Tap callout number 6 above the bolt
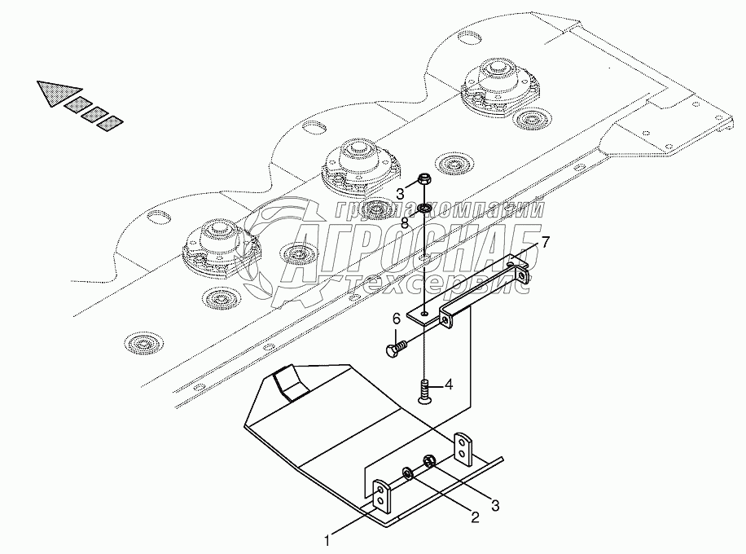point(397,319)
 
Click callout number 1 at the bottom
point(327,539)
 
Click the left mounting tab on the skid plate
point(380,498)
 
